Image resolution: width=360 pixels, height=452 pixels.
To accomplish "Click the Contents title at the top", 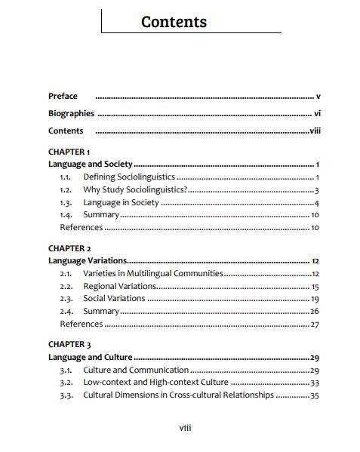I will click(174, 22).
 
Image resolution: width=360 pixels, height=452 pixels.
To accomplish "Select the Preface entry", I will click(63, 97).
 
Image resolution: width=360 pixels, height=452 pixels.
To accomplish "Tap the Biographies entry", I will click(71, 114).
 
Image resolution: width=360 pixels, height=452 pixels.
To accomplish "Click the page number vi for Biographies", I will click(317, 114).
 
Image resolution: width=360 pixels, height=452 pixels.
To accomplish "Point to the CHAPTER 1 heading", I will click(69, 152).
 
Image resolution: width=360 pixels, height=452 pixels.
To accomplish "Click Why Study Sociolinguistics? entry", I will click(135, 189).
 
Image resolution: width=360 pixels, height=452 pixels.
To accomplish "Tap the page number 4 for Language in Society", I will click(318, 202).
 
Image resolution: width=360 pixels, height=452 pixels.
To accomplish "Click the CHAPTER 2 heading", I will click(69, 248).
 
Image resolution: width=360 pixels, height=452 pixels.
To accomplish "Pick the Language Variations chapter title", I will click(87, 260).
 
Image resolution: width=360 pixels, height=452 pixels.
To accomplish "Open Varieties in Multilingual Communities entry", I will click(152, 273).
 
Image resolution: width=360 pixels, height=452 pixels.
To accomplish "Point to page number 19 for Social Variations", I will click(315, 299).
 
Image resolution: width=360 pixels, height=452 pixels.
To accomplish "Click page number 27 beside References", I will click(315, 324).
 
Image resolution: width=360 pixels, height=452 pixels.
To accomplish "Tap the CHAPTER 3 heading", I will click(69, 345).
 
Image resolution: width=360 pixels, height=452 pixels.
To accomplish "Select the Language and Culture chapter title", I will click(90, 357).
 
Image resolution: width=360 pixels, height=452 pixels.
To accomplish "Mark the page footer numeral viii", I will click(185, 428).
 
